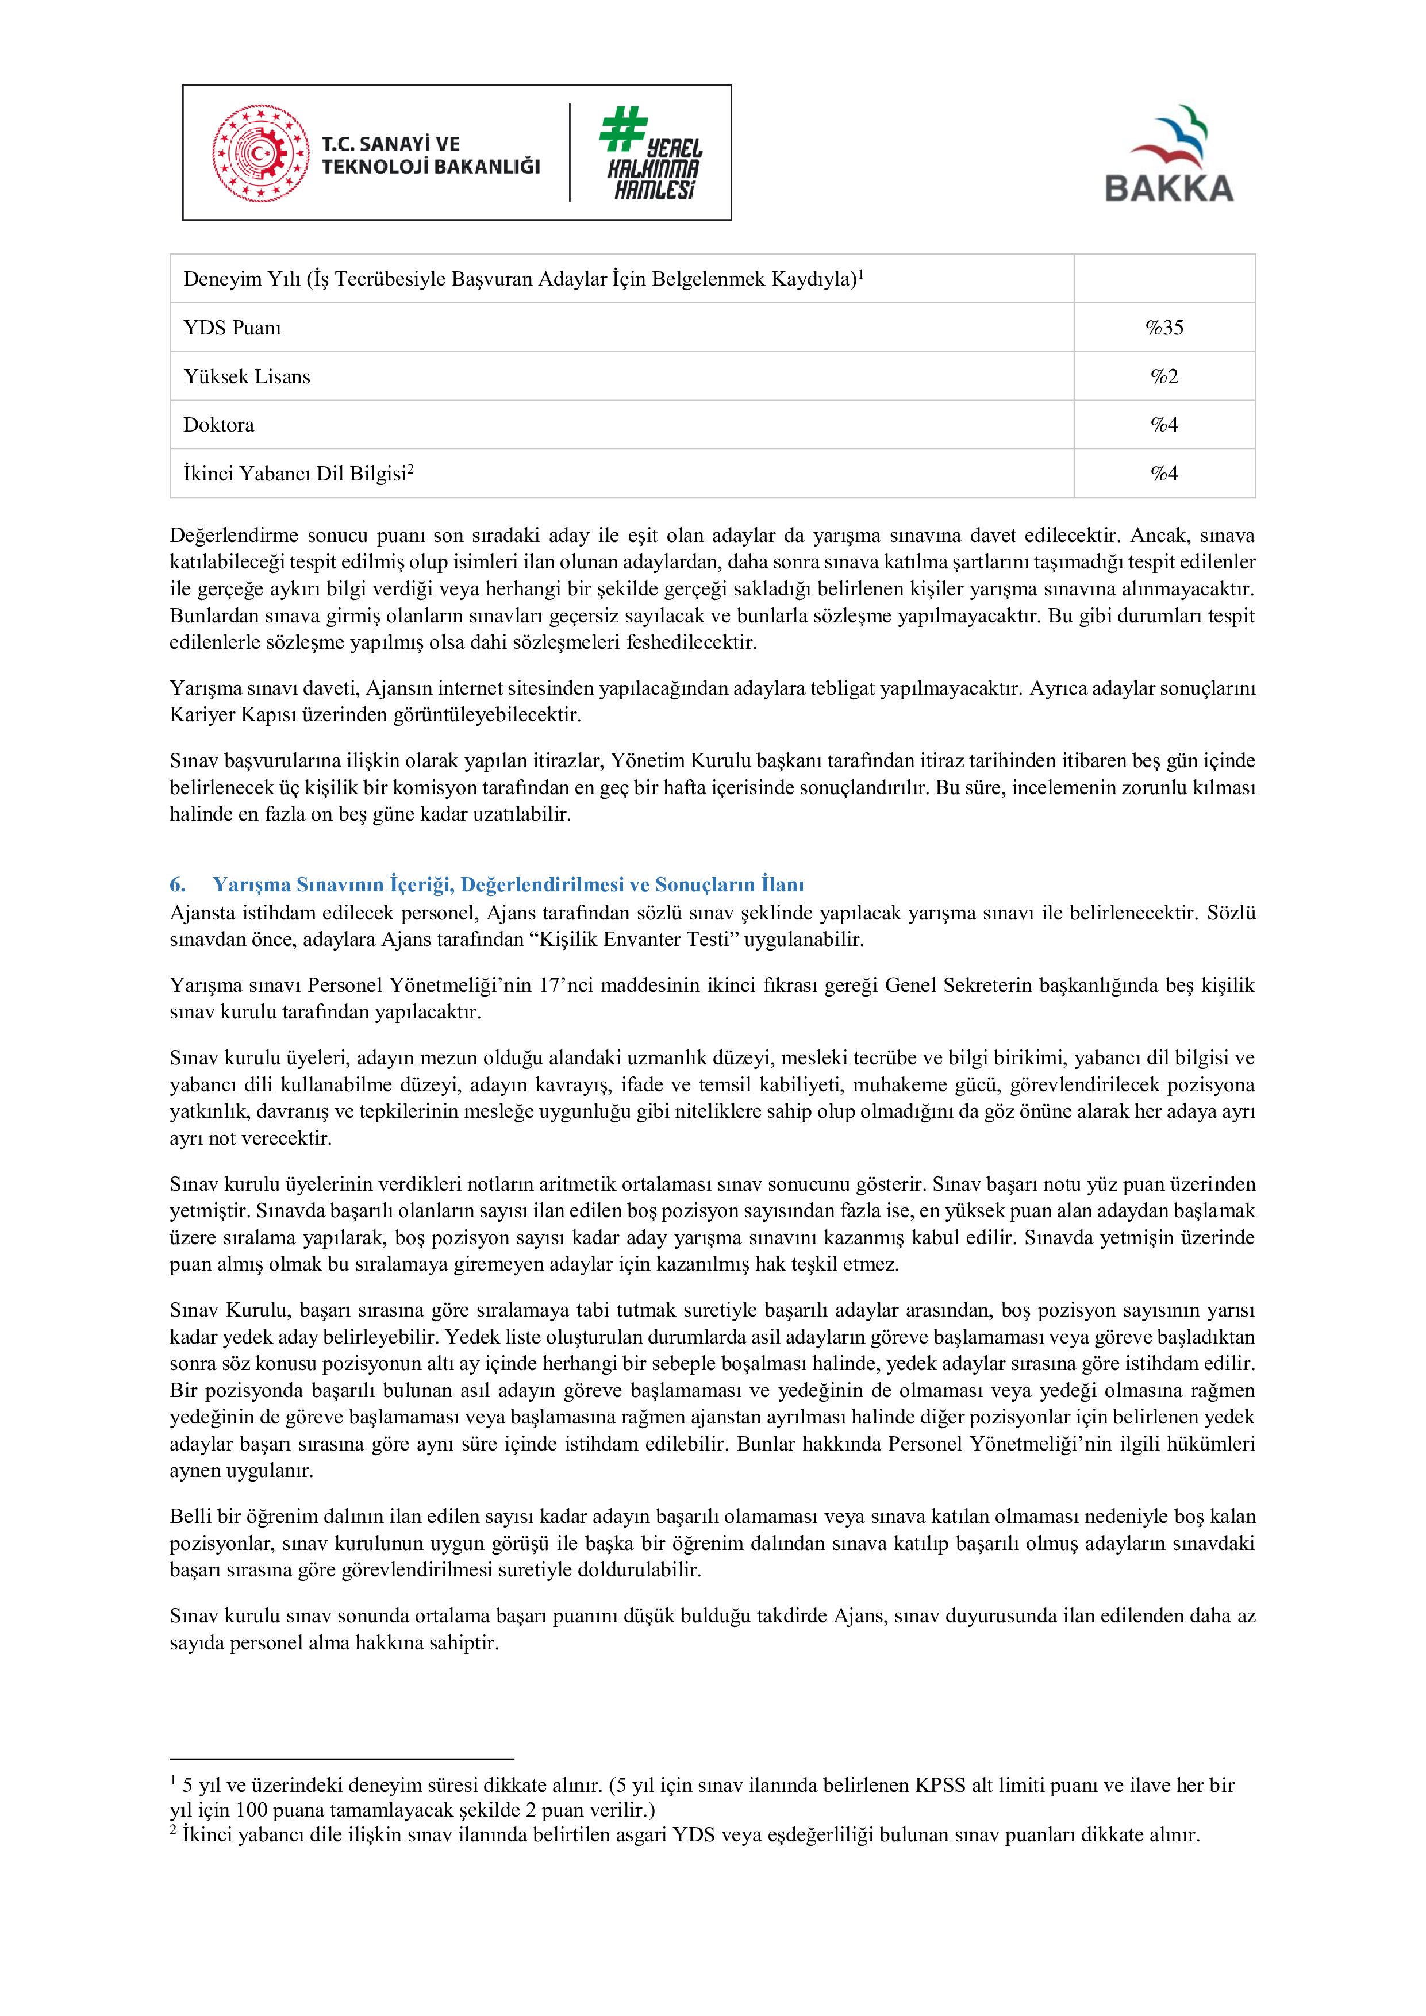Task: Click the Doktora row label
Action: coord(218,425)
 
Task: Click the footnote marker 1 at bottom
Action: coord(173,1782)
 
